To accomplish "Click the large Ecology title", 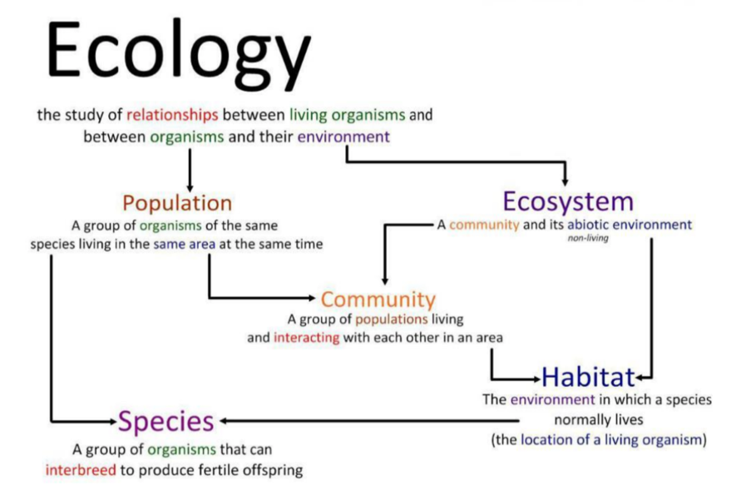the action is point(179,53).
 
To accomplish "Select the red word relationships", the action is point(172,115).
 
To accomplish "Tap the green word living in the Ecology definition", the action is point(309,116).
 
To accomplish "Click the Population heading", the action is point(177,204).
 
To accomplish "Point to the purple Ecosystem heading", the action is point(568,202).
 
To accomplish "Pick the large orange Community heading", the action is point(378,300).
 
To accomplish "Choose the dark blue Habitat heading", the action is point(588,377).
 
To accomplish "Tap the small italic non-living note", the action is point(588,238).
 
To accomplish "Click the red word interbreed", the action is point(81,469).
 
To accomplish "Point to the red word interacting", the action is point(306,337).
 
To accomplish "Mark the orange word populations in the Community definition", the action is point(391,319).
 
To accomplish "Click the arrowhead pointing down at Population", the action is point(190,187).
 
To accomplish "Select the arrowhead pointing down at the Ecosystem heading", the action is point(565,181).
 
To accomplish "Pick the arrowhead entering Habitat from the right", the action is point(640,378).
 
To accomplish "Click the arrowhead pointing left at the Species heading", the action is point(224,421).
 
